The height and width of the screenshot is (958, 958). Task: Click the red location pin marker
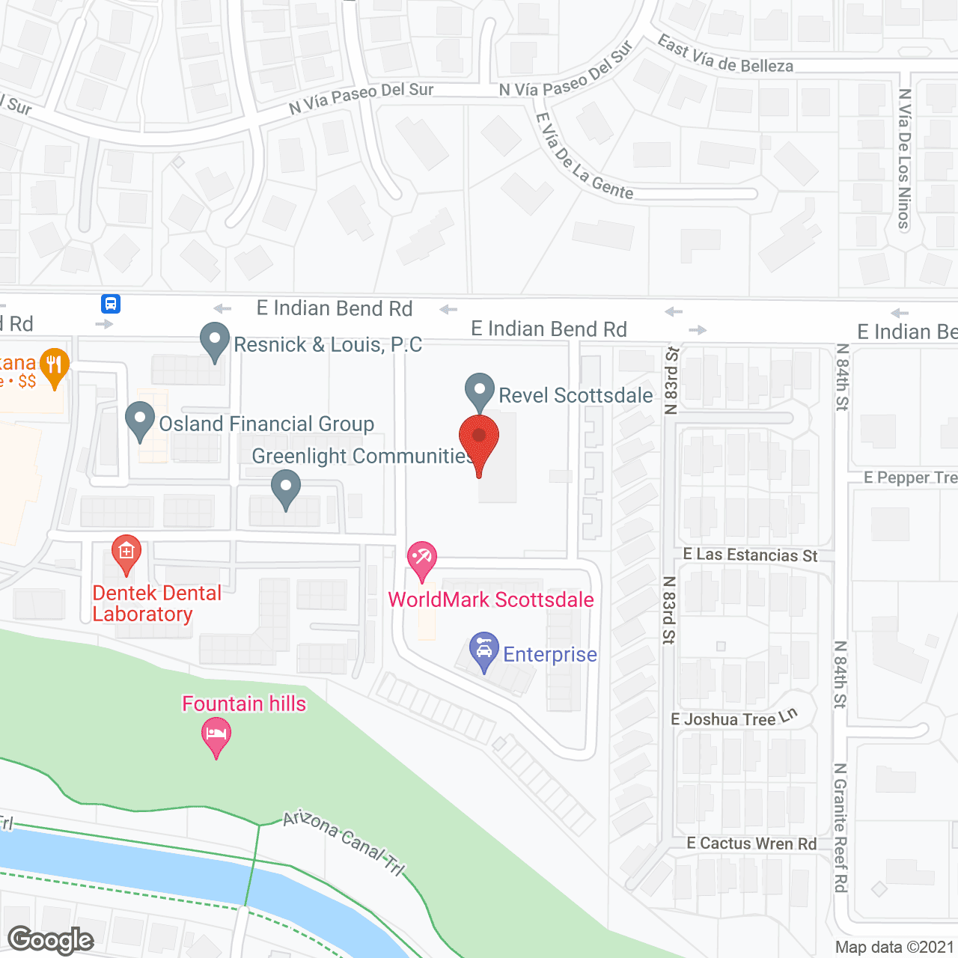point(479,438)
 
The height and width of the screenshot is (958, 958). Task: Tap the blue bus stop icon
point(111,304)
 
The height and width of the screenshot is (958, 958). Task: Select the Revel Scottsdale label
point(576,395)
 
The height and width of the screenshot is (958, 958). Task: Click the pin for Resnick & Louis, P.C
point(215,341)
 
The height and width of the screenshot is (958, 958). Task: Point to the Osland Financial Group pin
point(140,420)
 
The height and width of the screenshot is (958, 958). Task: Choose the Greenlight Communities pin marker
point(285,487)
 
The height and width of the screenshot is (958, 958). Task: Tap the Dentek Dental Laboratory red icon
point(126,553)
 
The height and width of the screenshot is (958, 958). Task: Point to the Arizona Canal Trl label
point(344,843)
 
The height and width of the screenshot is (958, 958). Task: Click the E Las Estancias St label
point(750,555)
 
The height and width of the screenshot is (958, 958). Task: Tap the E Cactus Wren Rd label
point(751,843)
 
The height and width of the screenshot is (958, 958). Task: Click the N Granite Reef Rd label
point(840,827)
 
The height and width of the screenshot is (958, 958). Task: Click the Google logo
point(51,940)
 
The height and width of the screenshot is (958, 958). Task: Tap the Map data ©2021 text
point(894,948)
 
